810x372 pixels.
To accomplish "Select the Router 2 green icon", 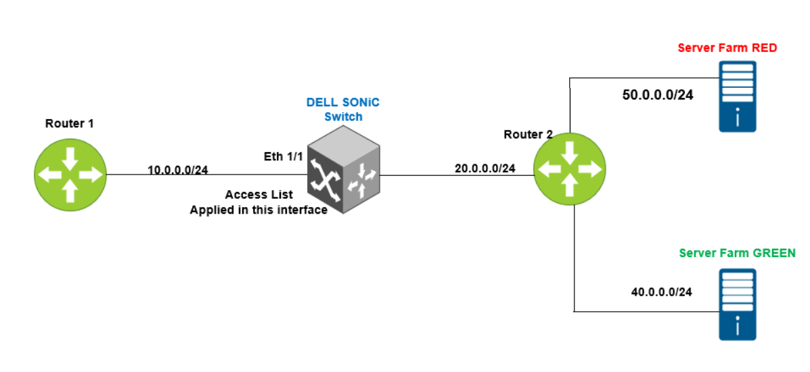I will (x=569, y=170).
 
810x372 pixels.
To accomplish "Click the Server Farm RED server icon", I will (x=737, y=96).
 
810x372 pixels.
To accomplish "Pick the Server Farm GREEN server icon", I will (x=737, y=304).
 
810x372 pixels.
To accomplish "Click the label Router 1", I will (x=69, y=123).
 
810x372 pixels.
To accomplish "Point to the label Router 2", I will (x=528, y=134).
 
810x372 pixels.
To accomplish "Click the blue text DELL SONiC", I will (x=343, y=102).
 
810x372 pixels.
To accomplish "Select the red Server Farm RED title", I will (x=727, y=48).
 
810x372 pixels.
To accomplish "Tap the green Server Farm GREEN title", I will (x=737, y=253).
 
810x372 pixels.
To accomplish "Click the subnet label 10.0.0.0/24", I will (x=178, y=169).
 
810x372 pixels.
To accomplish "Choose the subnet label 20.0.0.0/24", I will (x=485, y=168).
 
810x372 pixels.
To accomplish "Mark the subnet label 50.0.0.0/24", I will (x=657, y=95).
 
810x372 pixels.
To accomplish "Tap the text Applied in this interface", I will (x=258, y=210).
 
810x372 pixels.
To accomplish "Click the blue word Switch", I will (x=343, y=116).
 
